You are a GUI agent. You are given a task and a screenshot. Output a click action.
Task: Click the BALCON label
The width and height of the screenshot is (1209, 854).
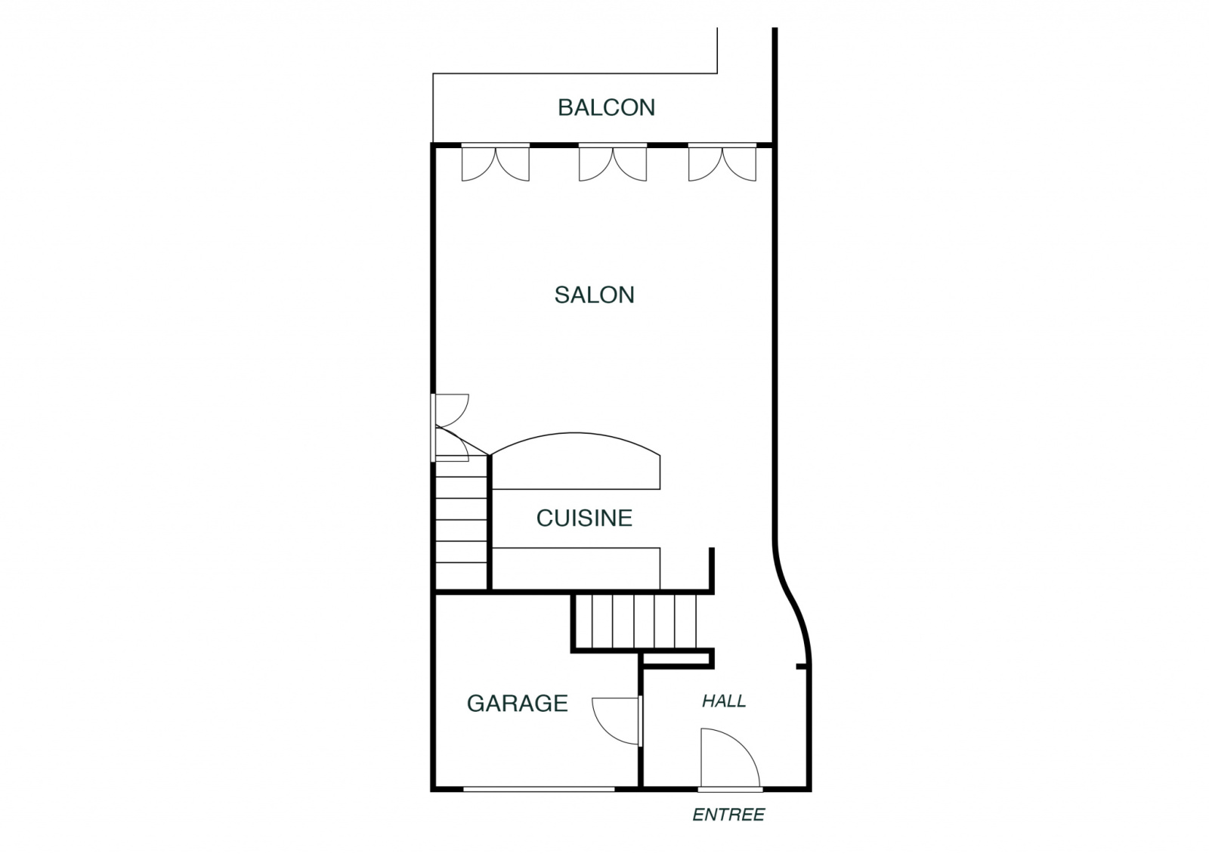pos(606,107)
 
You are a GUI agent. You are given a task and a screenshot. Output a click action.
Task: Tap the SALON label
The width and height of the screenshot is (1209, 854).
pos(594,295)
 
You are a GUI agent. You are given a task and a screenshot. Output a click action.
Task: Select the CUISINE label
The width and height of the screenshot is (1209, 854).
pos(584,518)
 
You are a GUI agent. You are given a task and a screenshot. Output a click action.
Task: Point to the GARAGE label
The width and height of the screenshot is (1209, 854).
pos(517,704)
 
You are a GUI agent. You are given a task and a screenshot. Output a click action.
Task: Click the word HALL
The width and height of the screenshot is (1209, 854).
pos(724,701)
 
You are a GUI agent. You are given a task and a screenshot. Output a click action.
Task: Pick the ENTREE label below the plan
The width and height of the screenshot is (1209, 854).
pos(728,815)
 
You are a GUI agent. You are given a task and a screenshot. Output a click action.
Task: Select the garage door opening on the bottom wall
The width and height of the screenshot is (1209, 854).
pos(539,789)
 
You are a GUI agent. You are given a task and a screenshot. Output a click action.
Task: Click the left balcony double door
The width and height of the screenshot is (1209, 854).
pos(496,163)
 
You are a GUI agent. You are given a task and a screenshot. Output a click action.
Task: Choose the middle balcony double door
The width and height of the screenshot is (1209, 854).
pos(613,163)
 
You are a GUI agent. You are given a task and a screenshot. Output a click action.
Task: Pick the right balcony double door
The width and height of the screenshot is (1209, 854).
pos(722,163)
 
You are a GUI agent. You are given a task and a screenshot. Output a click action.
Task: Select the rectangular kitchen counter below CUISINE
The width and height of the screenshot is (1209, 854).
pos(576,568)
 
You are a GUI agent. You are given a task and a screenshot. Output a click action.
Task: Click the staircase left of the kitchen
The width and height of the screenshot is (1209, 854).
pos(462,524)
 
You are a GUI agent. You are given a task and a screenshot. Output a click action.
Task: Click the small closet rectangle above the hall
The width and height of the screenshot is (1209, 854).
pos(676,658)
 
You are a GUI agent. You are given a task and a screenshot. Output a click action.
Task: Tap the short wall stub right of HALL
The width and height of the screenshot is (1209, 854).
pos(802,667)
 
